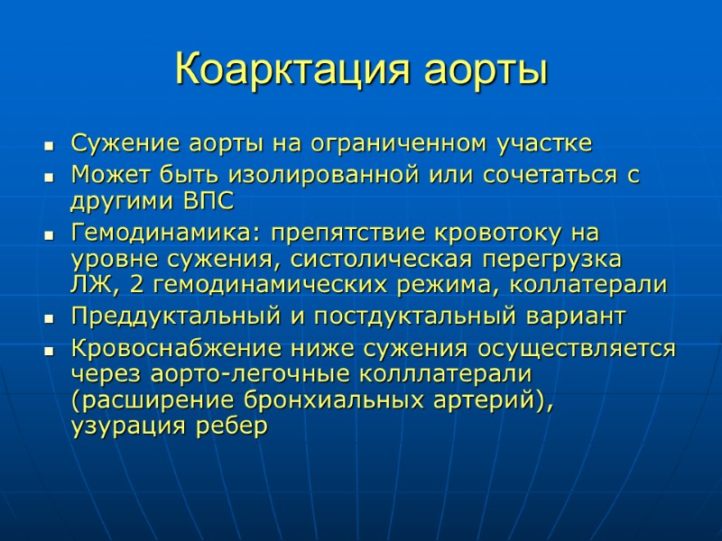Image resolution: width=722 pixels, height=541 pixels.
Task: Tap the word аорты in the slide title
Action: coord(488,69)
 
